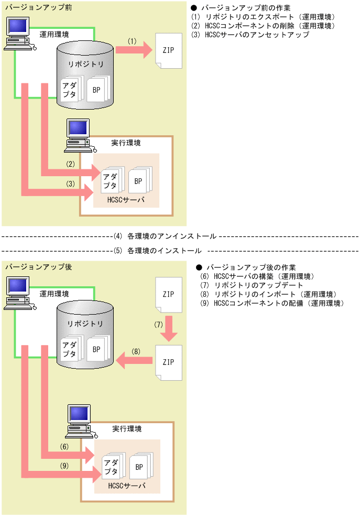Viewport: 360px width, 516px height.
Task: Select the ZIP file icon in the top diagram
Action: click(x=168, y=50)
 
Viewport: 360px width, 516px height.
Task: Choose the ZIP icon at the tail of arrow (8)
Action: click(x=168, y=362)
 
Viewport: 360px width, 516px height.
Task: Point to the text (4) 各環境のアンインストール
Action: click(x=165, y=236)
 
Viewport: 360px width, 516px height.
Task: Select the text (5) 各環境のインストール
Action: click(x=157, y=250)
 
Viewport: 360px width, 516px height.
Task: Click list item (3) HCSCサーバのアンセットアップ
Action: click(x=250, y=35)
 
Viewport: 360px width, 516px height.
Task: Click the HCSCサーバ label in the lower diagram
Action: click(x=126, y=486)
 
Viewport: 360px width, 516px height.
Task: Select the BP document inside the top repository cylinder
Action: click(x=96, y=90)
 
